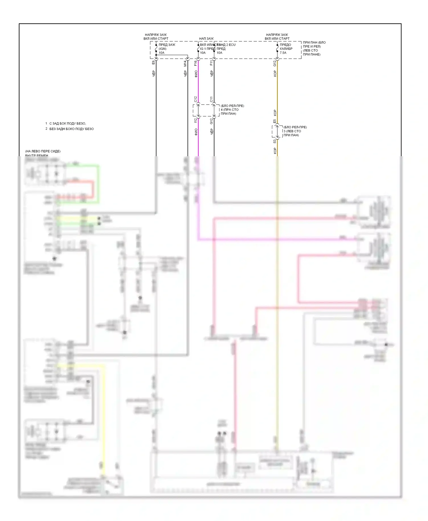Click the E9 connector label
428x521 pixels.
153,62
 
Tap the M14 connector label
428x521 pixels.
185,64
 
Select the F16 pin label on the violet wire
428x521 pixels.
195,63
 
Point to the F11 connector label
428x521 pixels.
211,63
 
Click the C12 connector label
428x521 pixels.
195,99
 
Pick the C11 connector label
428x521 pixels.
211,99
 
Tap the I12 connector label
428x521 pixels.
195,121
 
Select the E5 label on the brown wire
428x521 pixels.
275,121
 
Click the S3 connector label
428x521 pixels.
275,141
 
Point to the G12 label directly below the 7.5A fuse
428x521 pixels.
275,63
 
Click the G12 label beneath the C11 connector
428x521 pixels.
211,121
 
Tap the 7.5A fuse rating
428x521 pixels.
283,53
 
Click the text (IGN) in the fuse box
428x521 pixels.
162,49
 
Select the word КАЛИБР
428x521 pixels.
286,49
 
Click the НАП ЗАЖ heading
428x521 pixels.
206,38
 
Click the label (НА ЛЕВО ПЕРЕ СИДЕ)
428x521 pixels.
43,151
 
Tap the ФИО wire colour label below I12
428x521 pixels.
196,132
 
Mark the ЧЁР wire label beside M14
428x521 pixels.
185,74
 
